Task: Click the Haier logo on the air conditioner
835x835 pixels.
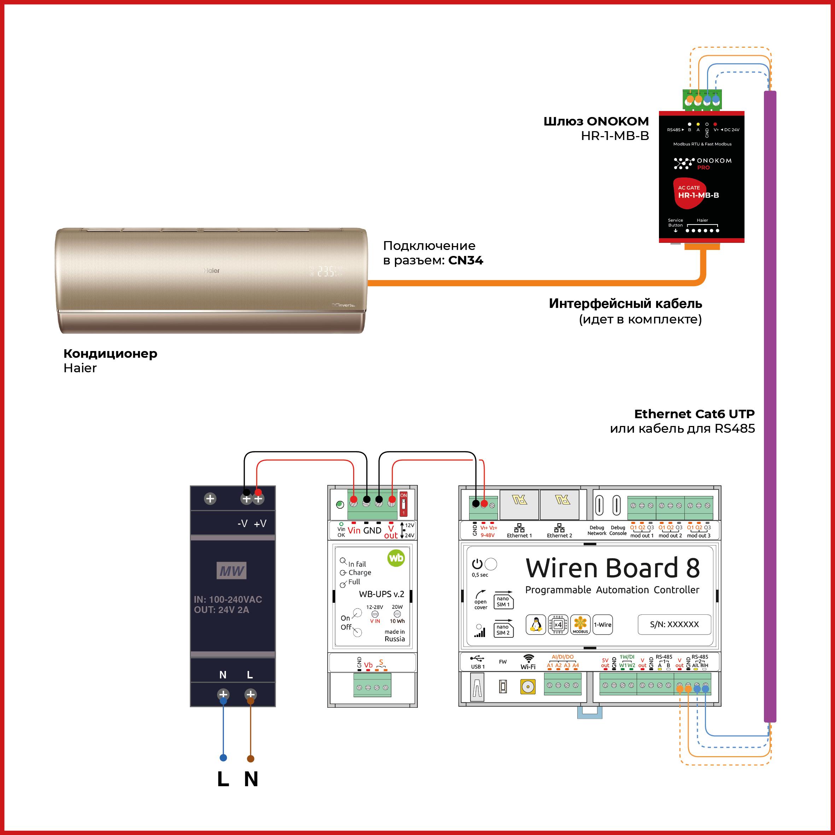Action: click(211, 270)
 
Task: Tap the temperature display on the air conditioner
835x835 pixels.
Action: click(326, 271)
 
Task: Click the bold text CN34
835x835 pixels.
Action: click(466, 260)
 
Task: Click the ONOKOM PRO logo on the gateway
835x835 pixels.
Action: click(703, 163)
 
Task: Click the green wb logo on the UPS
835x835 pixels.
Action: click(396, 558)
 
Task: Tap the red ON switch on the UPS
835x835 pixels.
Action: click(403, 503)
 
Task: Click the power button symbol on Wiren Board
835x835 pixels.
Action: click(477, 564)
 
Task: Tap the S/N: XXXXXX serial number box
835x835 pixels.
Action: click(674, 624)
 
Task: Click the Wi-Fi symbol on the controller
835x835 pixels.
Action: click(528, 658)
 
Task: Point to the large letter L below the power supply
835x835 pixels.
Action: click(223, 779)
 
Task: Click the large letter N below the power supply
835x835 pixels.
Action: click(251, 779)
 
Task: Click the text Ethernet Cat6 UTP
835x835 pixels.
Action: click(694, 414)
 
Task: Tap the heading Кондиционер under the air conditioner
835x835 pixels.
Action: click(110, 353)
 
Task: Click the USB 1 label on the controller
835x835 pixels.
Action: click(478, 666)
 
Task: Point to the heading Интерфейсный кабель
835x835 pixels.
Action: click(625, 303)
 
